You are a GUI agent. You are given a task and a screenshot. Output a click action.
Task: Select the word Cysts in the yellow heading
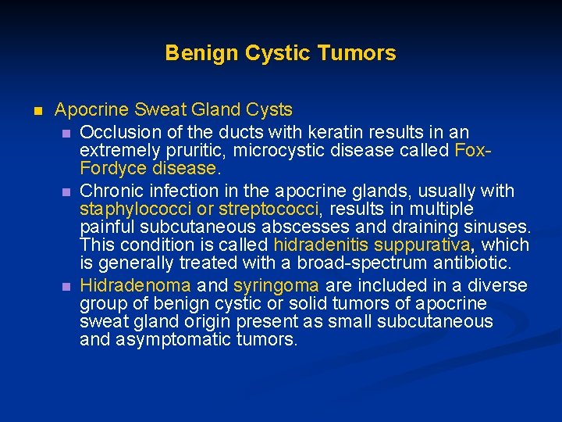pos(269,110)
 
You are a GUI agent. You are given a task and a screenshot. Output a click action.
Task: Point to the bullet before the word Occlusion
pos(67,131)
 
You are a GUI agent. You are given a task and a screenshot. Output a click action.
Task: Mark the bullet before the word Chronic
pos(67,191)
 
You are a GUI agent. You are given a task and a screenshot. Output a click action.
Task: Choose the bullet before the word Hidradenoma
pos(67,286)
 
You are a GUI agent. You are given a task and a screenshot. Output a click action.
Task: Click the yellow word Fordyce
pos(108,168)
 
